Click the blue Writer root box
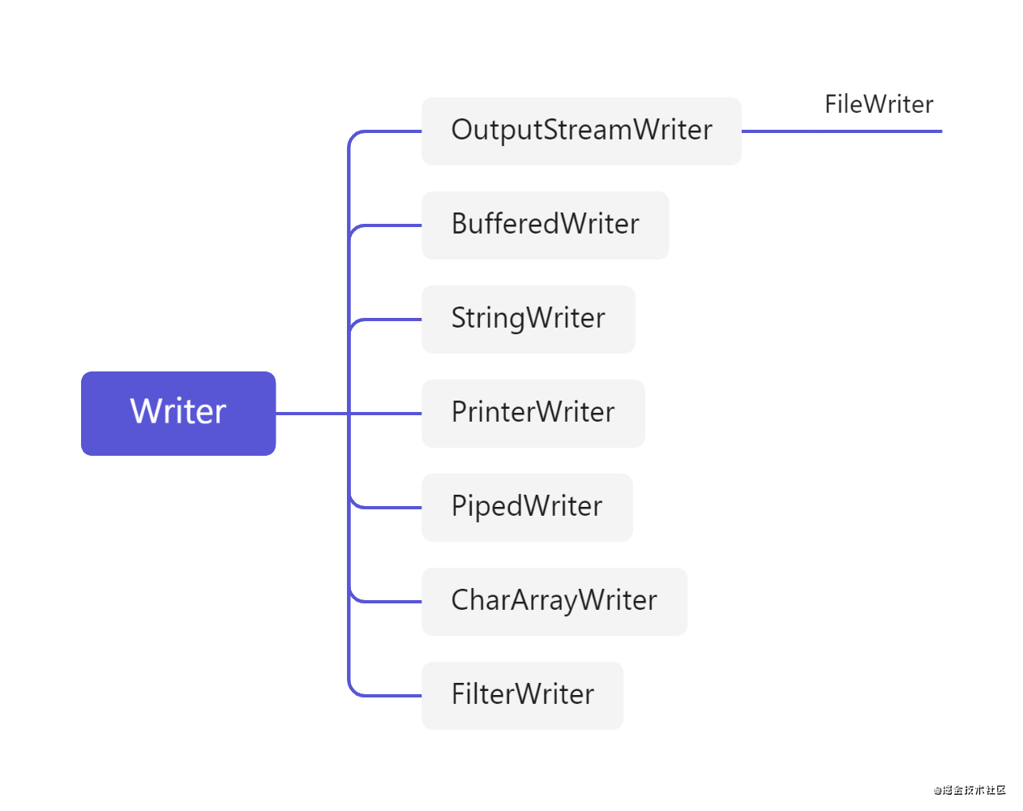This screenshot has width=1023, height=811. pyautogui.click(x=178, y=413)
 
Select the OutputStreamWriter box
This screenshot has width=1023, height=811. pyautogui.click(x=581, y=131)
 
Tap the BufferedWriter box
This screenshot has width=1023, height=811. pyautogui.click(x=545, y=225)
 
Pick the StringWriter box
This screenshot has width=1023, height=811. pyautogui.click(x=528, y=320)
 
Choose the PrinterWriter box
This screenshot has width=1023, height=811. pyautogui.click(x=533, y=414)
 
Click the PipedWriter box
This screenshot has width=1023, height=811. pyautogui.click(x=527, y=508)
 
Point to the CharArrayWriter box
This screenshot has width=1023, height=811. pyautogui.click(x=554, y=602)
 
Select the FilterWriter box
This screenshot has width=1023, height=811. pyautogui.click(x=522, y=696)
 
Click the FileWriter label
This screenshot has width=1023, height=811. pyautogui.click(x=879, y=105)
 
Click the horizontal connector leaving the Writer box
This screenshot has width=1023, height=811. pyautogui.click(x=312, y=414)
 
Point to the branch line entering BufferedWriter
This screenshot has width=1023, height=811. pyautogui.click(x=389, y=225)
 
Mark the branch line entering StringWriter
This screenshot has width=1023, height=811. pyautogui.click(x=389, y=320)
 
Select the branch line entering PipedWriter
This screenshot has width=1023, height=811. pyautogui.click(x=389, y=508)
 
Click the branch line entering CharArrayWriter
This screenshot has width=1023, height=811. pyautogui.click(x=389, y=602)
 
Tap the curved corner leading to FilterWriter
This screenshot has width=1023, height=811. pyautogui.click(x=353, y=692)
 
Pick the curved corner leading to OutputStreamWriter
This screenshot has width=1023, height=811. pyautogui.click(x=353, y=135)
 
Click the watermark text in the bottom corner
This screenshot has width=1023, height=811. pyautogui.click(x=969, y=790)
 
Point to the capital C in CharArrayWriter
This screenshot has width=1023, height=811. pyautogui.click(x=462, y=600)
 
